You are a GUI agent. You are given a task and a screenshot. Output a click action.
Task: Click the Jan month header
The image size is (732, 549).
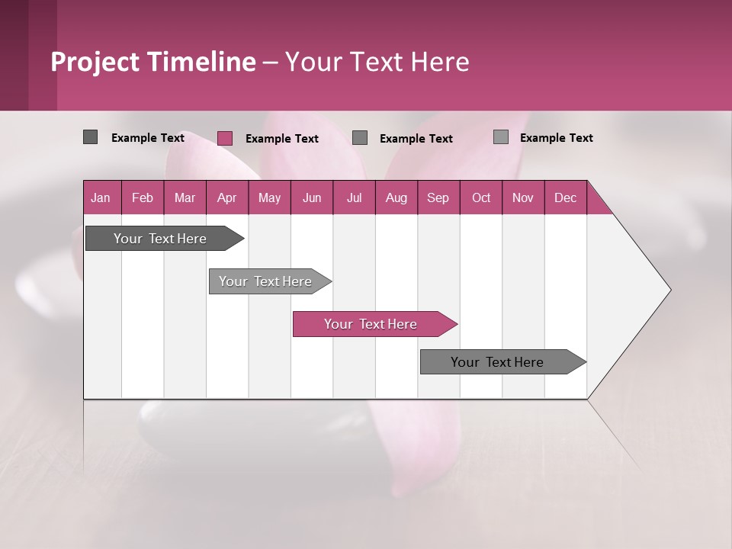[x=101, y=197]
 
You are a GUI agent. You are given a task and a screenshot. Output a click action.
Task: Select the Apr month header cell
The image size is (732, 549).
[x=227, y=197]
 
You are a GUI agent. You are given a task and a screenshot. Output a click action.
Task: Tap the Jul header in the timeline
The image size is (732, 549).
[x=354, y=197]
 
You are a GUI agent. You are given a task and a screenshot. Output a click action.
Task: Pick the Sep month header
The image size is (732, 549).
[x=438, y=197]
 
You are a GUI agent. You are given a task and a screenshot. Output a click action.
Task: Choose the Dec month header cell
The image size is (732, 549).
[x=565, y=197]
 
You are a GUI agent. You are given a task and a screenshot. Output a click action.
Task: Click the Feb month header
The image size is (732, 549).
[x=143, y=197]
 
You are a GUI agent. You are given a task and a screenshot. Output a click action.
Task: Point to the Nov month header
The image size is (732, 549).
[x=523, y=197]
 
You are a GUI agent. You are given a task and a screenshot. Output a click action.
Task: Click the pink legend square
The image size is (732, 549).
[x=225, y=138]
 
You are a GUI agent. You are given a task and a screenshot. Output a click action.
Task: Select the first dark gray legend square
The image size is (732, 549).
[x=90, y=137]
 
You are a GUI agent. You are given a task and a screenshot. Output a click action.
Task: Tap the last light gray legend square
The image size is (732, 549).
[x=501, y=137]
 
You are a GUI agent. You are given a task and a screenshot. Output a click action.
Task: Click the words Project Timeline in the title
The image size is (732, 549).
[x=152, y=62]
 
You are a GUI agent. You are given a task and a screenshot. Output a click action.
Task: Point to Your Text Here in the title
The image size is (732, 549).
[x=377, y=62]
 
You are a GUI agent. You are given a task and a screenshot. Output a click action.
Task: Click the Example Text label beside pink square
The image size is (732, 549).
[x=282, y=139]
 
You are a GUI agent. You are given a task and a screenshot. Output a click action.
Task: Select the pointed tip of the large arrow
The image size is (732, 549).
[x=669, y=290]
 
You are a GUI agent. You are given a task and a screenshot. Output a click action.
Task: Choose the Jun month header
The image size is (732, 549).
[x=312, y=197]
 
